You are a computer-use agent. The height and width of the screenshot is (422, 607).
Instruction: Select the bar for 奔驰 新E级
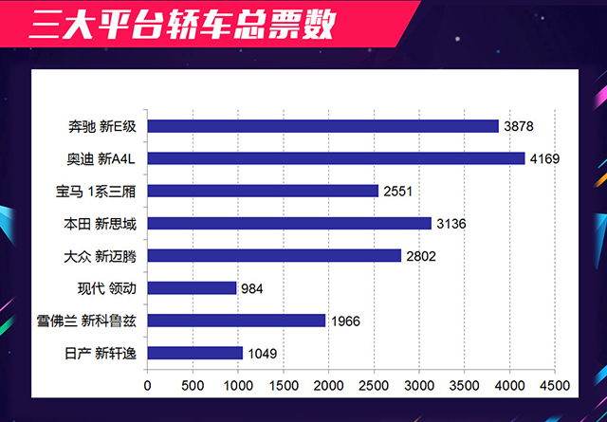pyautogui.click(x=323, y=126)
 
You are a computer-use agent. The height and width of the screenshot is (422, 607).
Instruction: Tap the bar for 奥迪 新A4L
pyautogui.click(x=337, y=158)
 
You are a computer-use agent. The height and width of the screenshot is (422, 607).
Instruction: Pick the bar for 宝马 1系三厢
pyautogui.click(x=264, y=191)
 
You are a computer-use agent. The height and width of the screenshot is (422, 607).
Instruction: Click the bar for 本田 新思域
pyautogui.click(x=290, y=223)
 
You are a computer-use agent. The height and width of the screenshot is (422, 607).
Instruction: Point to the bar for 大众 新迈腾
pyautogui.click(x=275, y=255)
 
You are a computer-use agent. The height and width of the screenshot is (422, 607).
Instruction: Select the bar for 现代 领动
pyautogui.click(x=193, y=287)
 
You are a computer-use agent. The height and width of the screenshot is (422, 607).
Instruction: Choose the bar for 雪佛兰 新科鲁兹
pyautogui.click(x=237, y=321)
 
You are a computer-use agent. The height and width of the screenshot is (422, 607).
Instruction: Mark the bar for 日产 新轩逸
pyautogui.click(x=195, y=353)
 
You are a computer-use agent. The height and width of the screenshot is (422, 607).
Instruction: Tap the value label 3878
pyautogui.click(x=519, y=126)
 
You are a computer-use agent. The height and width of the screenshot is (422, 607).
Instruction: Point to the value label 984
pyautogui.click(x=251, y=288)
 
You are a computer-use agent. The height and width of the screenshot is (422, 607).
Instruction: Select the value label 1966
pyautogui.click(x=346, y=321)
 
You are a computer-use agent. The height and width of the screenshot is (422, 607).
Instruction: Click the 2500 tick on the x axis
pyautogui.click(x=374, y=386)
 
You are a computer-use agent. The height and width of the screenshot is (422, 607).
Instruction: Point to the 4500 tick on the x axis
pyautogui.click(x=555, y=386)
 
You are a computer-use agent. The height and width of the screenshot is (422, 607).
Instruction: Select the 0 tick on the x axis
pyautogui.click(x=148, y=386)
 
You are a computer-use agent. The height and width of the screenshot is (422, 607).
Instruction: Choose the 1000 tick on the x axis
pyautogui.click(x=238, y=386)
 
